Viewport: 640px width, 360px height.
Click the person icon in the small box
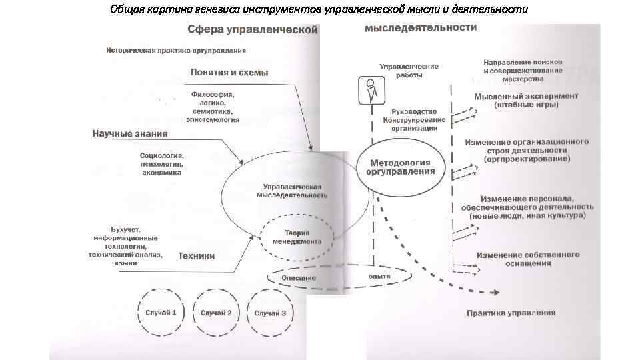(x=368, y=90)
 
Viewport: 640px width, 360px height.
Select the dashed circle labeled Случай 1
(x=160, y=313)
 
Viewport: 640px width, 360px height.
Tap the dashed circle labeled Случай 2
(x=215, y=313)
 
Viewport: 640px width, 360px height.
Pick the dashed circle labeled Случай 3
(x=270, y=313)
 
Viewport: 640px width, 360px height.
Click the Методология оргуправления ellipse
(x=401, y=166)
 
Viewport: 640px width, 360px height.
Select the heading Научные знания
(x=129, y=133)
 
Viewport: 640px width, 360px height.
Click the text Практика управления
(x=511, y=313)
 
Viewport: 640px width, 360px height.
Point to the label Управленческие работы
(x=409, y=71)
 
